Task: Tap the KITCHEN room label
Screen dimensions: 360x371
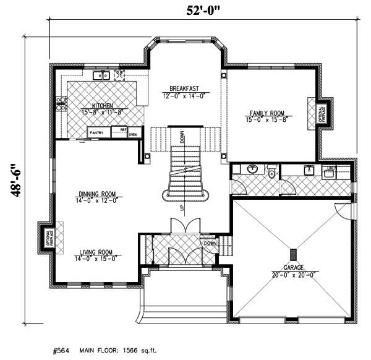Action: click(102, 106)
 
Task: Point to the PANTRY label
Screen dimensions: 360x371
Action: click(96, 132)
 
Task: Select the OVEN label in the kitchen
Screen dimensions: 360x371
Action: click(132, 134)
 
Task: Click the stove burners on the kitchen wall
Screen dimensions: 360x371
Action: click(61, 103)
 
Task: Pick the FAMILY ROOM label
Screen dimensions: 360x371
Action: click(267, 113)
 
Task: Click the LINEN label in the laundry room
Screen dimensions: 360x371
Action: click(331, 168)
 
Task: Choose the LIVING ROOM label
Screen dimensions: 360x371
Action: click(95, 252)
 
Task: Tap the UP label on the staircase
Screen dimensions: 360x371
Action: click(182, 209)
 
